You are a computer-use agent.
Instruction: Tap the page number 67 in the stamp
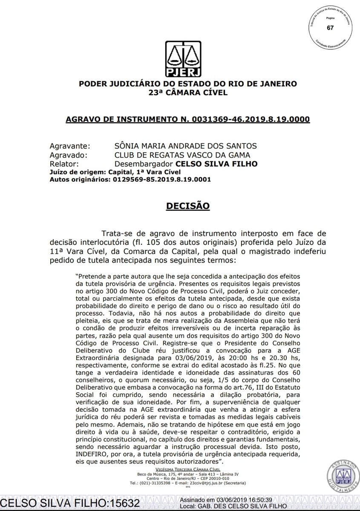(x=330, y=28)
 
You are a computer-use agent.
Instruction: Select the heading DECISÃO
(x=188, y=206)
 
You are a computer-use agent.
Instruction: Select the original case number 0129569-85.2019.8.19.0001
(x=162, y=179)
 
